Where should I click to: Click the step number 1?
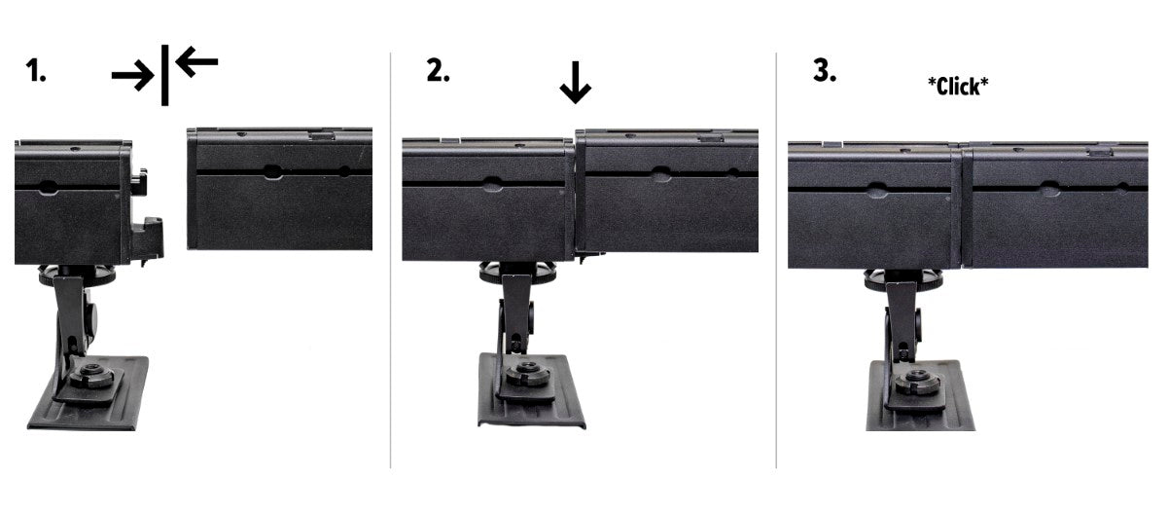(x=35, y=70)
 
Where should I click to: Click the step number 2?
(x=438, y=70)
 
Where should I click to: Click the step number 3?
(x=825, y=70)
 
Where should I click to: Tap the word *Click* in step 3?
(x=958, y=86)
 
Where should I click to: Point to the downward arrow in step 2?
(x=575, y=83)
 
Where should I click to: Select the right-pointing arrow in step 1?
(x=133, y=76)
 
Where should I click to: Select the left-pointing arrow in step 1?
(x=196, y=61)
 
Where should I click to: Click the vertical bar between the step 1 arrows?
(x=164, y=75)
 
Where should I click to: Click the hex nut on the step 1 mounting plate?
(x=91, y=376)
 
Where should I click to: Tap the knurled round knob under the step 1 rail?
(x=77, y=275)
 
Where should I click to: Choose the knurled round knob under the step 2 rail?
(x=517, y=274)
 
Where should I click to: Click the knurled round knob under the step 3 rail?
(x=902, y=280)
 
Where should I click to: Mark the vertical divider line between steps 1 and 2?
(x=390, y=260)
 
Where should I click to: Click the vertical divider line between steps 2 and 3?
(x=776, y=260)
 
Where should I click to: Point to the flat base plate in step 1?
(x=88, y=393)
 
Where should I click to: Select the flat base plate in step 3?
(x=921, y=395)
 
